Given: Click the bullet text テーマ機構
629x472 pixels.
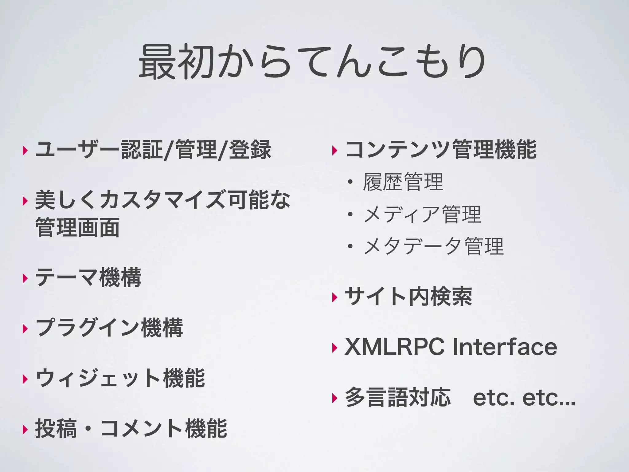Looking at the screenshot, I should pos(88,277).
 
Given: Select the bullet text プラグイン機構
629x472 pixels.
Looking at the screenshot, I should pos(109,328).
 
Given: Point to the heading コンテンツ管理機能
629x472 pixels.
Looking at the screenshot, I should pos(441,150).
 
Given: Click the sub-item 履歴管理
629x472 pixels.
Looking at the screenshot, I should pos(403,182).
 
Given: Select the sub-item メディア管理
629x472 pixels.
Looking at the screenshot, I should pos(422,214).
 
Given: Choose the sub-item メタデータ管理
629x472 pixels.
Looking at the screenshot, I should pos(433,246).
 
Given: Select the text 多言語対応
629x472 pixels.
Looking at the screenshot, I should pos(398,397).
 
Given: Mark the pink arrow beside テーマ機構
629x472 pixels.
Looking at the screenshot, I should pos(25,278).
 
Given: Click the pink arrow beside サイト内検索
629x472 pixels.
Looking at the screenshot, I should pos(335,297).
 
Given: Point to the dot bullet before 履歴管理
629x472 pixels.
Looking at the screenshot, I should pos(350,183).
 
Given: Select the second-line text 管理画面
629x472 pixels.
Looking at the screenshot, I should pos(77,228).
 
